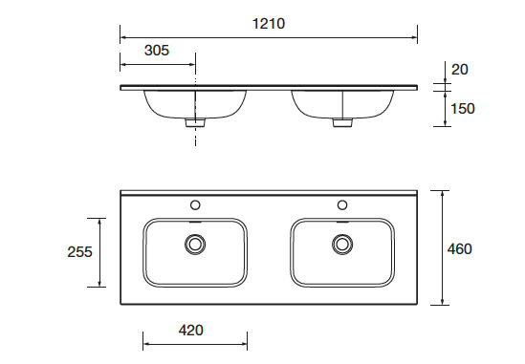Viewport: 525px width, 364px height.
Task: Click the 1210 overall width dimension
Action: coord(269,24)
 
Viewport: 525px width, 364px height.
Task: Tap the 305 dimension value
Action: coord(157,51)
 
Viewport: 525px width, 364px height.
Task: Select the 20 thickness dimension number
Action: coord(460,70)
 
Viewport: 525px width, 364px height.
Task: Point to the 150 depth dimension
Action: coord(463,109)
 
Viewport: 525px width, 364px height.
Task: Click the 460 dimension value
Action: coord(460,249)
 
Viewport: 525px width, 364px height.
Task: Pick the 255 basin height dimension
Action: coord(79,252)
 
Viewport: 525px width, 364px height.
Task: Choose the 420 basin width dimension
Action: coord(191,331)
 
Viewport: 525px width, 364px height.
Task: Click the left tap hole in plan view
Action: coord(195,204)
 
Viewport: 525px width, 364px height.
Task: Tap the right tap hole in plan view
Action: coord(342,204)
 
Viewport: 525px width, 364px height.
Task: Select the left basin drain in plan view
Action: coord(195,244)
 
